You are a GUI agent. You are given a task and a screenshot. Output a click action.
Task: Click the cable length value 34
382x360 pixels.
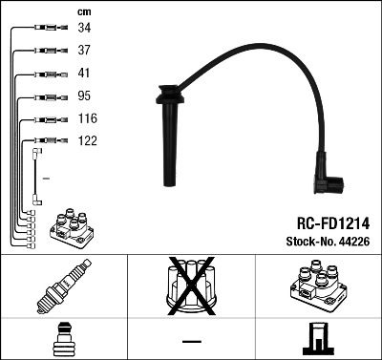[85, 27]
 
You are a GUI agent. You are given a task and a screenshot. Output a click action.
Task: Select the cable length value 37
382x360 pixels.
[85, 50]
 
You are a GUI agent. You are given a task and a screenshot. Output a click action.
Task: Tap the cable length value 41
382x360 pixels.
[85, 73]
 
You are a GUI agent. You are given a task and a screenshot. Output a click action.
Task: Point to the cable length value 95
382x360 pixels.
[85, 95]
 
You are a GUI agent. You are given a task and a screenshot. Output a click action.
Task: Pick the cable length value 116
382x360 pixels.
[88, 118]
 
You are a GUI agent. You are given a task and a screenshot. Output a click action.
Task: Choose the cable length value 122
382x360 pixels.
[88, 141]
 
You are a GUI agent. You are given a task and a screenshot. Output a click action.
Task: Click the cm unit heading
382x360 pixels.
[84, 11]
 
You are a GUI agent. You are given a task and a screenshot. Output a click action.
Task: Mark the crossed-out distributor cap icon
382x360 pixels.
[191, 290]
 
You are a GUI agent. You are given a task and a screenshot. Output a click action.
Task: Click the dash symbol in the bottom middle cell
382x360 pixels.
[191, 341]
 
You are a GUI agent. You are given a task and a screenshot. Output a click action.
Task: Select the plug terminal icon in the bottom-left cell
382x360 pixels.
[63, 340]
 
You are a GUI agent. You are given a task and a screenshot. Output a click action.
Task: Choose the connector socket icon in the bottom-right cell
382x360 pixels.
[317, 340]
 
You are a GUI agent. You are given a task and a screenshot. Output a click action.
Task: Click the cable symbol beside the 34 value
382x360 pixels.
[44, 28]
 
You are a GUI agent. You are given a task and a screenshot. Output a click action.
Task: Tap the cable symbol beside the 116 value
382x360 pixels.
[44, 119]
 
